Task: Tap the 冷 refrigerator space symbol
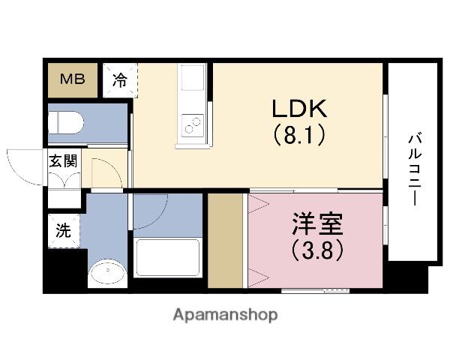click(119, 79)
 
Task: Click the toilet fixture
click(68, 122)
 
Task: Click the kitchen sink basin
click(191, 79)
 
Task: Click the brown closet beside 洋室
click(224, 240)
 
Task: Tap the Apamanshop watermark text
click(225, 315)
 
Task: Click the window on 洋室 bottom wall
click(315, 289)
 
